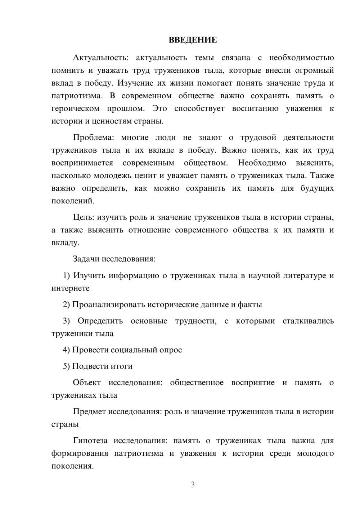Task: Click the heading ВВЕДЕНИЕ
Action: (193, 40)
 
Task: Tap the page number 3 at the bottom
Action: (193, 485)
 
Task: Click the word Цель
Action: (84, 217)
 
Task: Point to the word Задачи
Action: (86, 259)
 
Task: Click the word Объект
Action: (87, 383)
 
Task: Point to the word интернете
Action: (71, 288)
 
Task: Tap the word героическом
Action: (75, 108)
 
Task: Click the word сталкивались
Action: (308, 321)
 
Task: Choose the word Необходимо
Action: (262, 163)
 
